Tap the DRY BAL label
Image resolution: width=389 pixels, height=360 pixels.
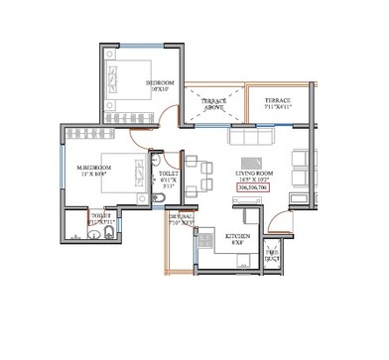click(181, 218)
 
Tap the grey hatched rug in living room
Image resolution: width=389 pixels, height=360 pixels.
click(254, 161)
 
